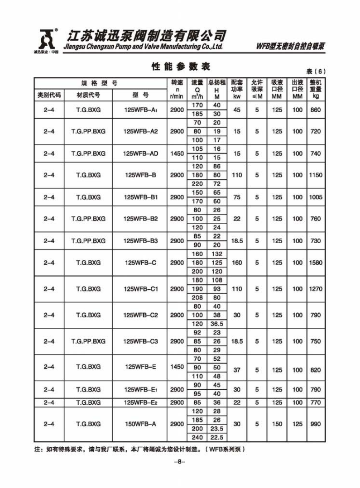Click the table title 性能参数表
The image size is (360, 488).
[x=181, y=67]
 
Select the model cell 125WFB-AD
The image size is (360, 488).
[x=140, y=153]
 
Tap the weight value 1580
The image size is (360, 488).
[x=315, y=263]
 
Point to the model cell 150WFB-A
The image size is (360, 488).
[x=140, y=424]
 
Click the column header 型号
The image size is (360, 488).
[x=140, y=96]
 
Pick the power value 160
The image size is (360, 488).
[x=236, y=263]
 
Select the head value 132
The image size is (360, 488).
[x=217, y=254]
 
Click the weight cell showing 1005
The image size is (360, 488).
[x=315, y=197]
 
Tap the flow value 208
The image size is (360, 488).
[x=197, y=297]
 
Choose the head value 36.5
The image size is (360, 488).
[x=217, y=324]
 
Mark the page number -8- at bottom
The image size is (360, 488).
[x=180, y=462]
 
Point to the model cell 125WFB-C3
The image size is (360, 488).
[x=140, y=341]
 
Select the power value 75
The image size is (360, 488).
[x=236, y=197]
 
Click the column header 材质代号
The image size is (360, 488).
[x=88, y=96]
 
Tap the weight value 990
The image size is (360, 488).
[x=315, y=424]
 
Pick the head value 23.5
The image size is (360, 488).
[x=217, y=428]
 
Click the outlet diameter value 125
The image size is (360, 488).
[x=297, y=424]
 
